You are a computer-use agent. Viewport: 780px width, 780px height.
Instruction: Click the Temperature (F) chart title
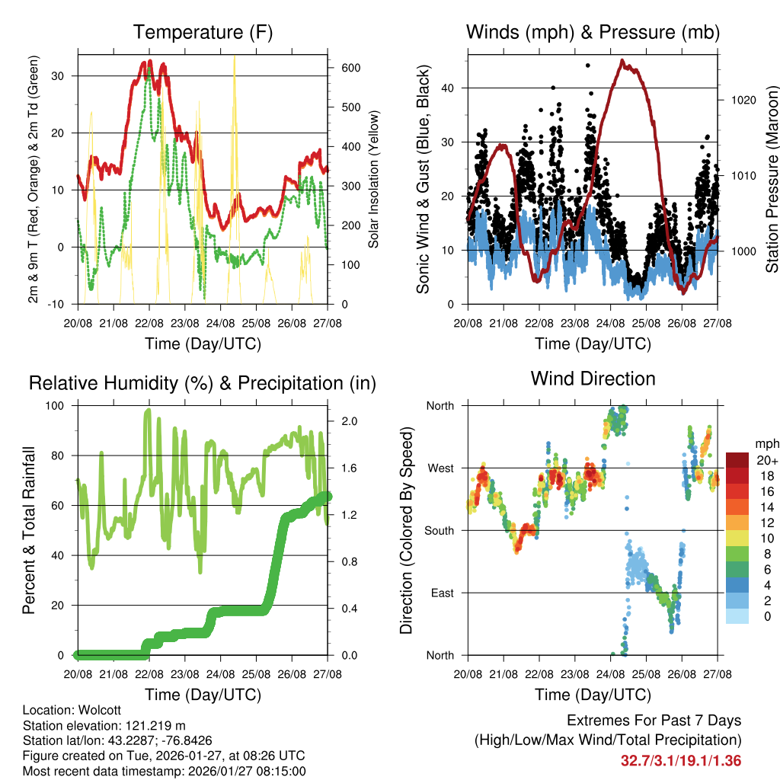click(x=203, y=33)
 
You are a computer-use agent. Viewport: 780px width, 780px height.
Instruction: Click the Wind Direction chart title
click(x=593, y=379)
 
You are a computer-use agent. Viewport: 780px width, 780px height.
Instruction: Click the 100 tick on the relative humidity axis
click(x=59, y=405)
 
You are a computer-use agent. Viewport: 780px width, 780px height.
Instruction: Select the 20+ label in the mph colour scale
click(x=765, y=460)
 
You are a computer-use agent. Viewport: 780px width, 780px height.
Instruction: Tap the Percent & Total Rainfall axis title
click(x=29, y=530)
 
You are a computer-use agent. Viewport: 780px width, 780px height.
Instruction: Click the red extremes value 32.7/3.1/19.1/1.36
click(x=681, y=761)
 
